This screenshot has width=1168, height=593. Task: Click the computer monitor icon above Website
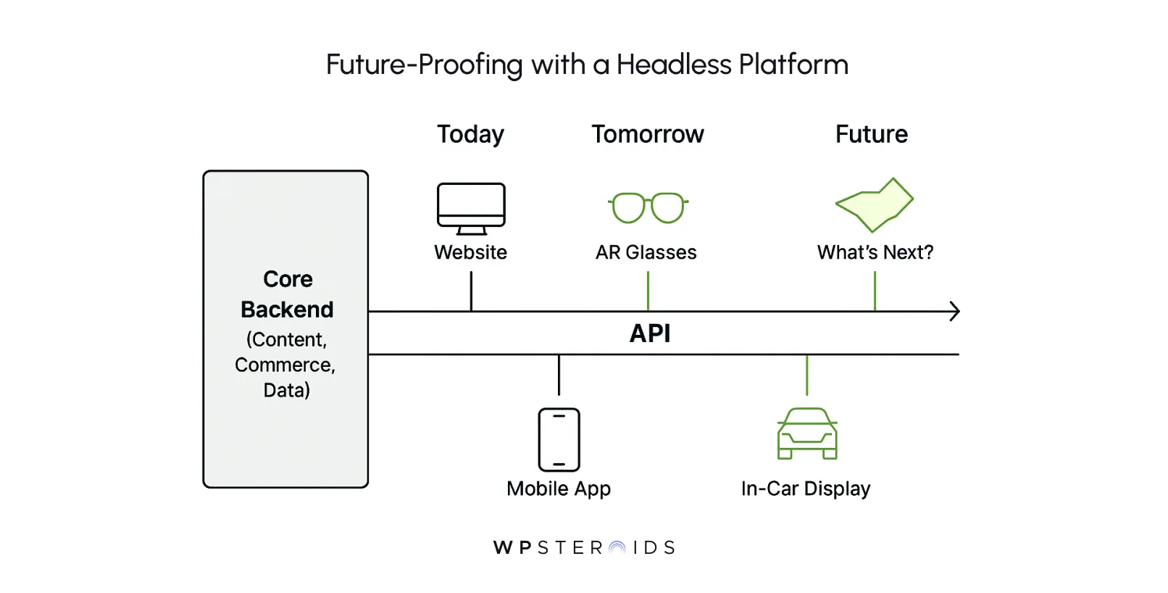pos(471,208)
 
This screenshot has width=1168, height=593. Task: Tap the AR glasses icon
pos(648,207)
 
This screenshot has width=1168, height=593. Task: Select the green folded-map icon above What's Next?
pos(875,204)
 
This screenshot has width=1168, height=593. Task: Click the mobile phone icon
pos(559,439)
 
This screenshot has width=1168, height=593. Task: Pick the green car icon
pos(807,434)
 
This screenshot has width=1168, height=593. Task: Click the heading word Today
pos(470,135)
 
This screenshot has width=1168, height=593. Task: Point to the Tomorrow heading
pos(647,134)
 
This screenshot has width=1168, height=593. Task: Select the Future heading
pos(871,134)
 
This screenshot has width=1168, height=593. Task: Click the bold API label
pos(650,333)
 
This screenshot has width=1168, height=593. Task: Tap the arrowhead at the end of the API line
pos(955,312)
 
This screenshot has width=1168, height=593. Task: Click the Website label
pos(470,252)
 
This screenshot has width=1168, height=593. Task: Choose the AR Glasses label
pos(646,252)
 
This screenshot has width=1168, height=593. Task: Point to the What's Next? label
pos(875,252)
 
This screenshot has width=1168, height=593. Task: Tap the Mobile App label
pos(558,489)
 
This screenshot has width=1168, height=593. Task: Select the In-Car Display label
pos(805,489)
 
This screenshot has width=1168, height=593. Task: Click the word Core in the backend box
pos(288,279)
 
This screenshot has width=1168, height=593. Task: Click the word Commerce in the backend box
pos(284,365)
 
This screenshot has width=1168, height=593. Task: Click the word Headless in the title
pos(674,65)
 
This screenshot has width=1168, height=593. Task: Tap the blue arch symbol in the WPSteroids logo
pos(617,548)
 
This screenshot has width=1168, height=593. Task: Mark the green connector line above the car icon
pos(806,375)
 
